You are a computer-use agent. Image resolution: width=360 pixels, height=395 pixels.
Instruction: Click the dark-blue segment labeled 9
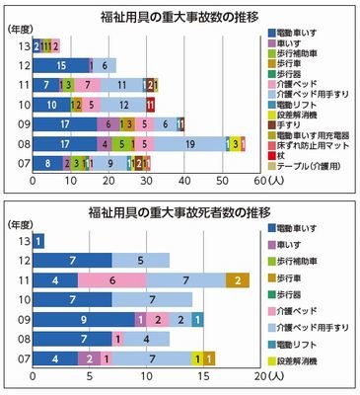[84, 320]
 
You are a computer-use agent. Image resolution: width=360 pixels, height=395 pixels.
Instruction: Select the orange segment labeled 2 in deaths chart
[238, 281]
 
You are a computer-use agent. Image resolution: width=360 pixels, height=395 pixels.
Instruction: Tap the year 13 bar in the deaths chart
[38, 241]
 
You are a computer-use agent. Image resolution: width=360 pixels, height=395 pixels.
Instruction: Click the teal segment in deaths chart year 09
[198, 320]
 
